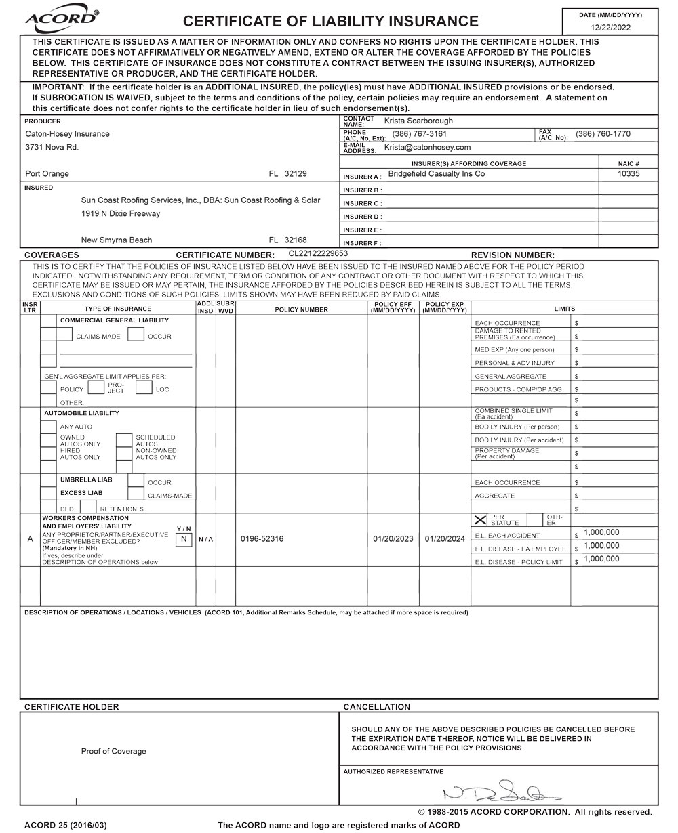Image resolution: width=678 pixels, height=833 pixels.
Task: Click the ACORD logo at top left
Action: pos(62,21)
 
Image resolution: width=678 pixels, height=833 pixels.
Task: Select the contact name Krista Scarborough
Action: pos(418,121)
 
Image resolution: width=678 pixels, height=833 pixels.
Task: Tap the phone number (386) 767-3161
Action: pos(420,134)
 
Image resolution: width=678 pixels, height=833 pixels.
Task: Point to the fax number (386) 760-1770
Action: pos(603,134)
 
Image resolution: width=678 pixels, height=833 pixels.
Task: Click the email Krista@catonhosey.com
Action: pos(427,147)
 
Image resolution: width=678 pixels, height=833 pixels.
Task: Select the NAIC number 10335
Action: pos(629,174)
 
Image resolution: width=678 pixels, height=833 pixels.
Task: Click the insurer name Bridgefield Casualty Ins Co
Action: pos(436,174)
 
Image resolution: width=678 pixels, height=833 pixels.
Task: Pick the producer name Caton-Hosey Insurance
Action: pos(67,134)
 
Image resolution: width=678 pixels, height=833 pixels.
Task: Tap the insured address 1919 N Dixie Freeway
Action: pos(121,214)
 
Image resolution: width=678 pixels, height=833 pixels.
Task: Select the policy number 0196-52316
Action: pos(262,539)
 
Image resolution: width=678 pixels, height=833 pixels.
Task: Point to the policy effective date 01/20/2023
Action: pos(393,539)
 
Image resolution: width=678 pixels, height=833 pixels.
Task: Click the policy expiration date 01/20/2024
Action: pos(445,539)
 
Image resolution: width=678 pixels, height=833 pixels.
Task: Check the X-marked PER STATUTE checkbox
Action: pos(481,520)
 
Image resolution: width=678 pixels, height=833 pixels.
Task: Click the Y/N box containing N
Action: pos(183,539)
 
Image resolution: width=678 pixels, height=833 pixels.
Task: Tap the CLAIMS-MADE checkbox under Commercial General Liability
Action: pos(65,334)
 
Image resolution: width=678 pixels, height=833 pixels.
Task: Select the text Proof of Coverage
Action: pos(113,751)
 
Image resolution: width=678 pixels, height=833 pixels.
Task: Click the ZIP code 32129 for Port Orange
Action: pos(296,174)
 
